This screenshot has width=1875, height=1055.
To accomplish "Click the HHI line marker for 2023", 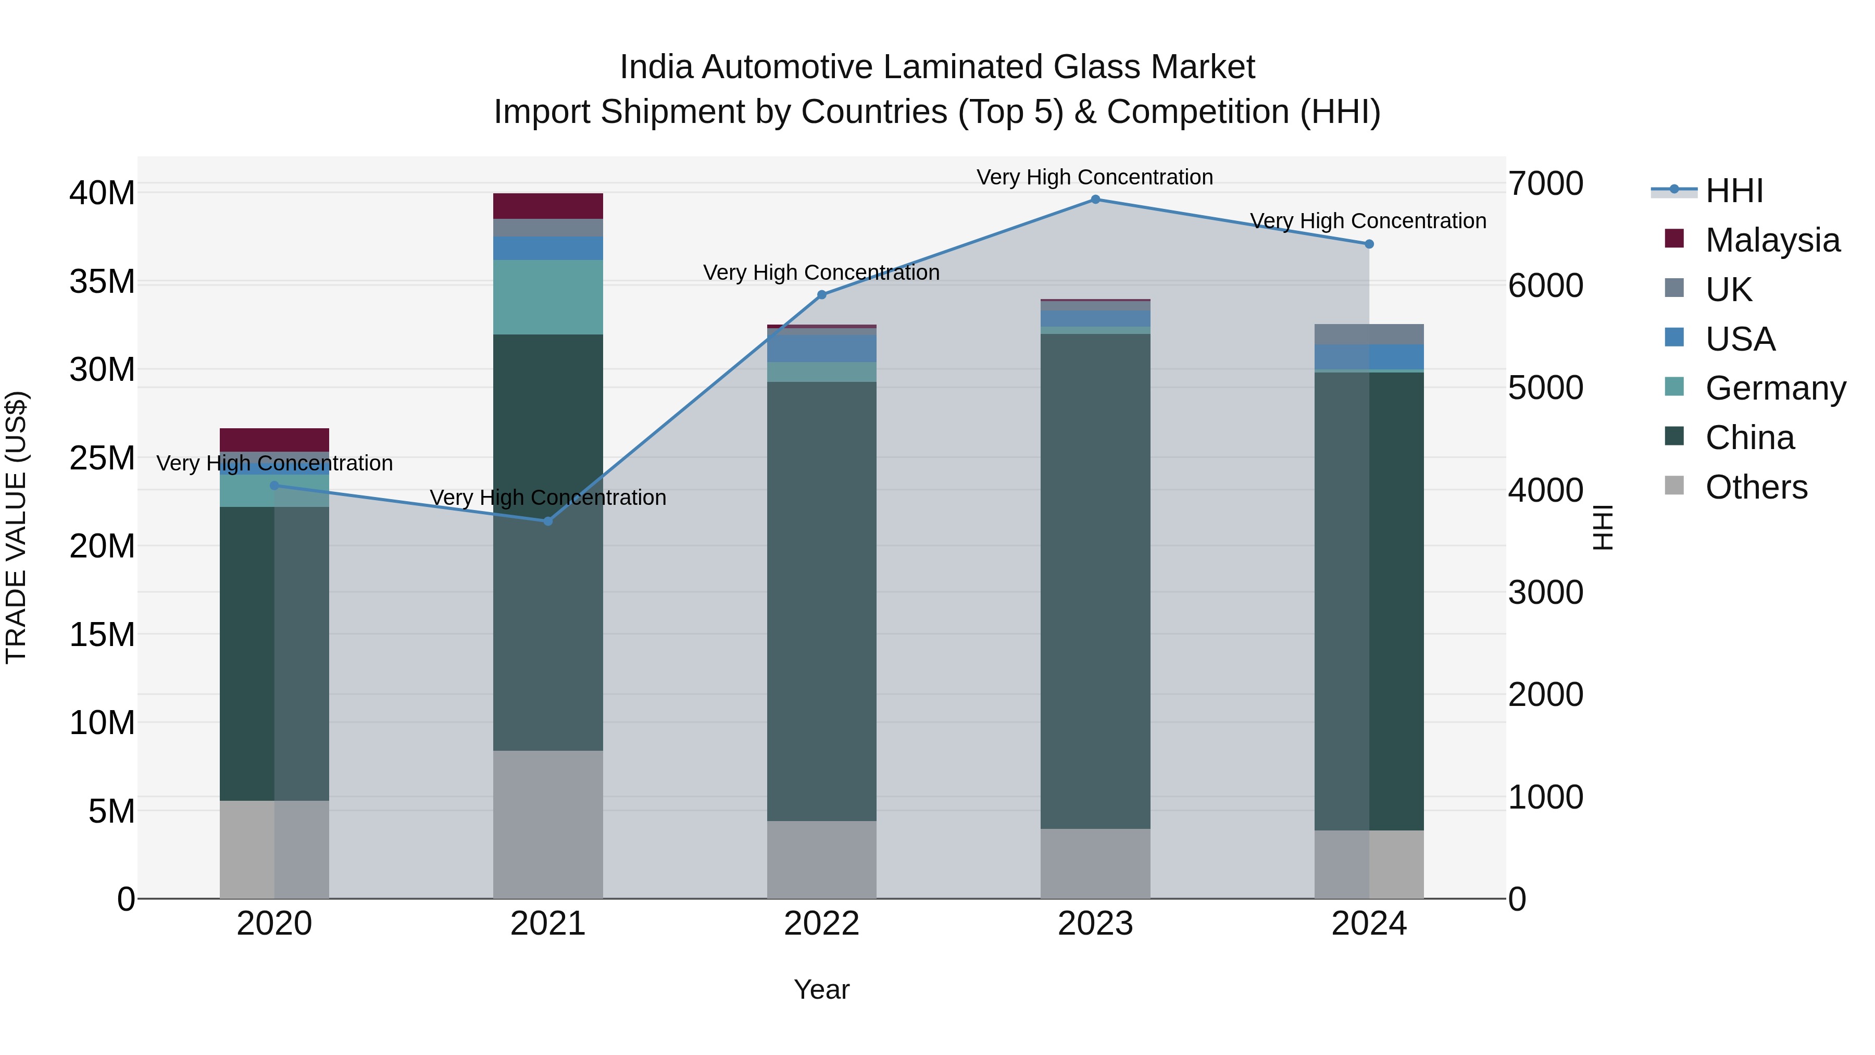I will (x=1095, y=200).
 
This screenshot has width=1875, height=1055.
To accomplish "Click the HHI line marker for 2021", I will (x=548, y=522).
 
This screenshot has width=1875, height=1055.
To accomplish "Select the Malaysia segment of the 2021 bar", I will (x=548, y=206).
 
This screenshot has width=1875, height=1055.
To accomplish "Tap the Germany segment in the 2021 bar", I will (x=548, y=297).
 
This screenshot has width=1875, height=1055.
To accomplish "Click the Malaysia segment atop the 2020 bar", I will (x=274, y=440).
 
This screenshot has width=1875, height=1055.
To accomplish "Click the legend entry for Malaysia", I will (x=1772, y=240).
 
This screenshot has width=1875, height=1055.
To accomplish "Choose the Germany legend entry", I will (x=1774, y=388).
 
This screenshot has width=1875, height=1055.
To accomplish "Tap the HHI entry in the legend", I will (x=1734, y=191).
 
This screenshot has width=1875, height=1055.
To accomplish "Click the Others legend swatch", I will (x=1674, y=486).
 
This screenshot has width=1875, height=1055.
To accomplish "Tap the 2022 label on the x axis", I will (x=822, y=924).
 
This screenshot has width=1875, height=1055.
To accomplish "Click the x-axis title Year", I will (x=822, y=989).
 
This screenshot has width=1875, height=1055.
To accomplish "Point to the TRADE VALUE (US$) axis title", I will (x=16, y=527).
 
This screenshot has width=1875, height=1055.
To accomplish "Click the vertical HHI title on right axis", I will (x=1603, y=527).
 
